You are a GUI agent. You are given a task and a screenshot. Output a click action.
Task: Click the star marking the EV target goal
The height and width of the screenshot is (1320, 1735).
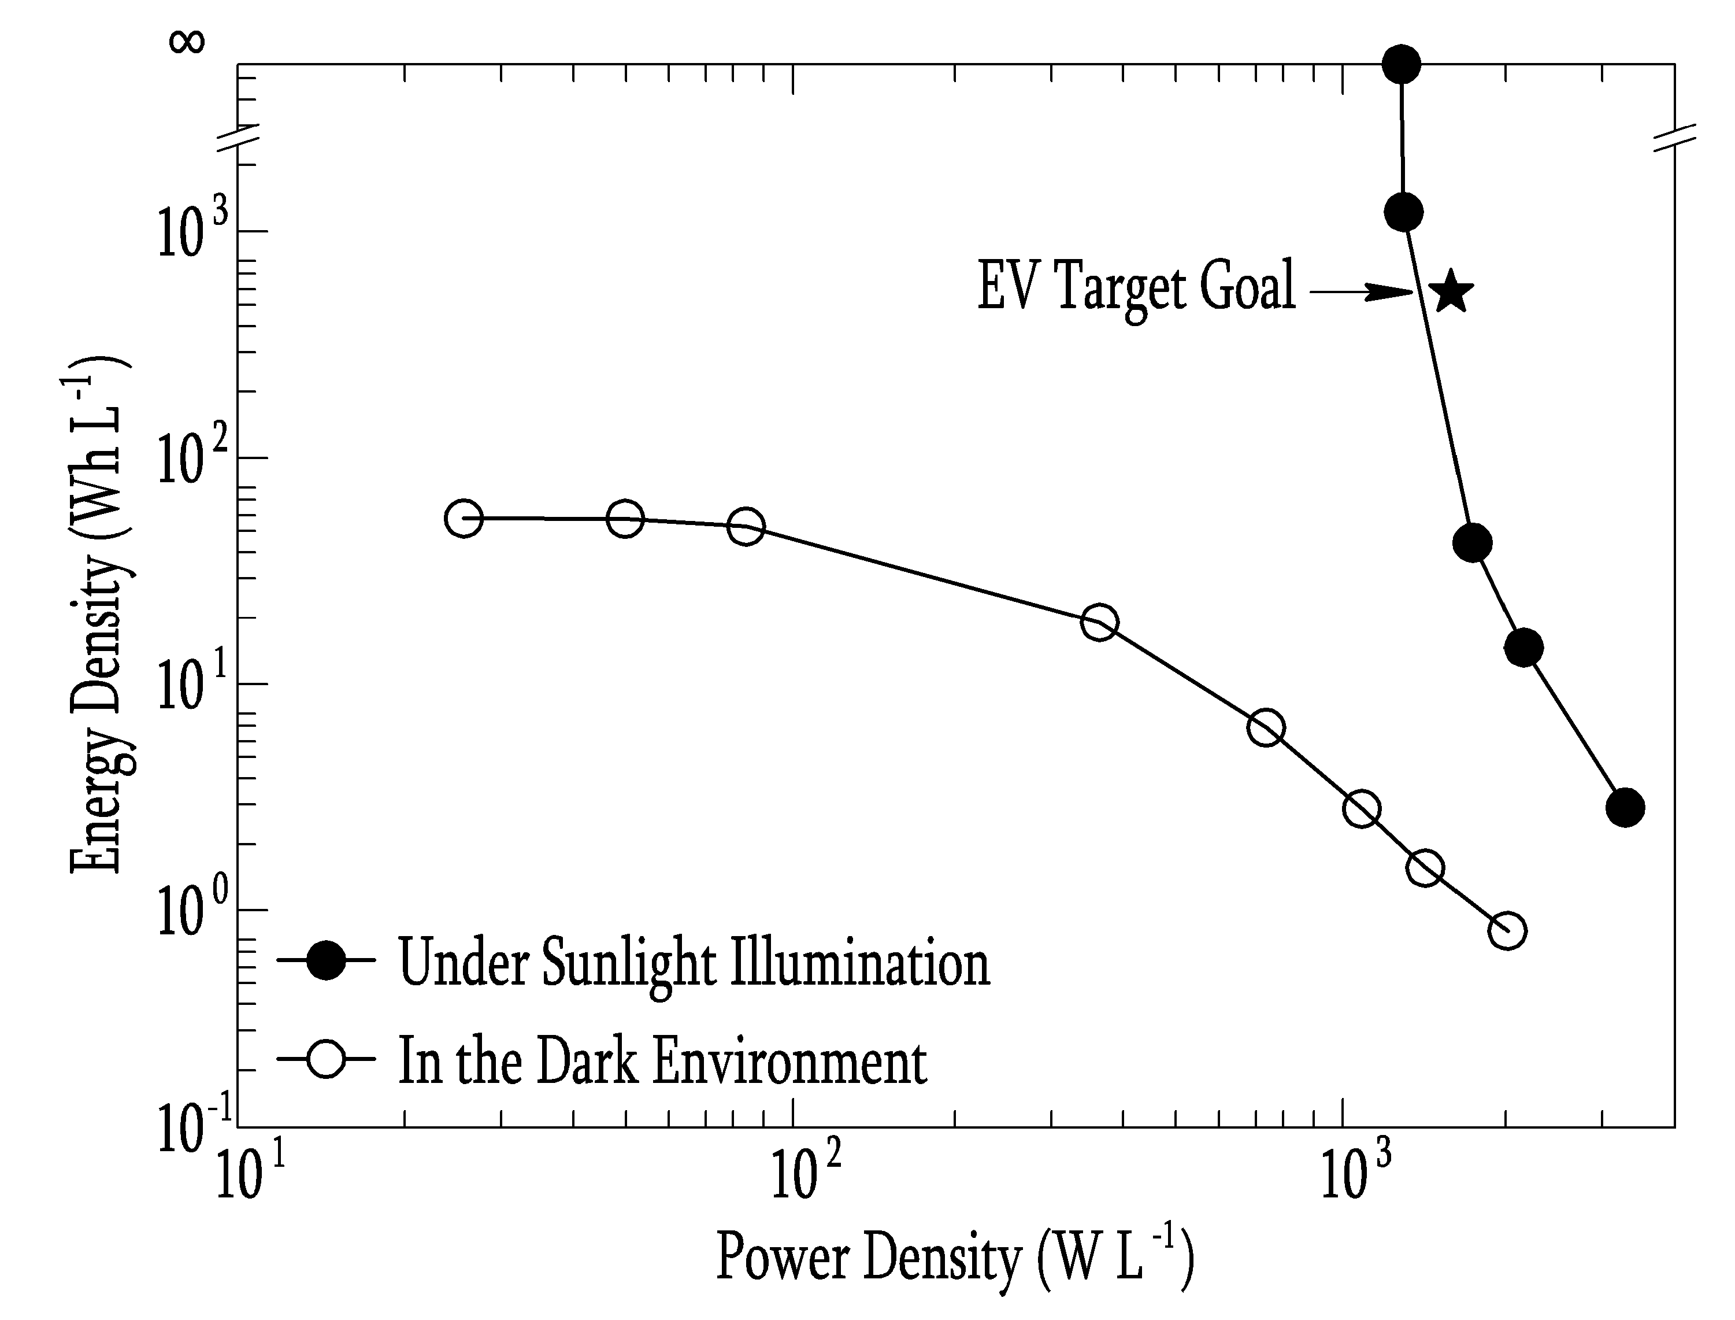[1450, 291]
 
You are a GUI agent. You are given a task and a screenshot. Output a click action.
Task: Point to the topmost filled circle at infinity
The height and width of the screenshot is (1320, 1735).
[1401, 64]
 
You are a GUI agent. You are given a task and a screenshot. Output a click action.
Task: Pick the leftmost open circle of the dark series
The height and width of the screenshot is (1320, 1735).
[464, 518]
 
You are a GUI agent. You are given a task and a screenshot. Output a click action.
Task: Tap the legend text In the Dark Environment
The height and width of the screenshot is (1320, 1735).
[663, 1061]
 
